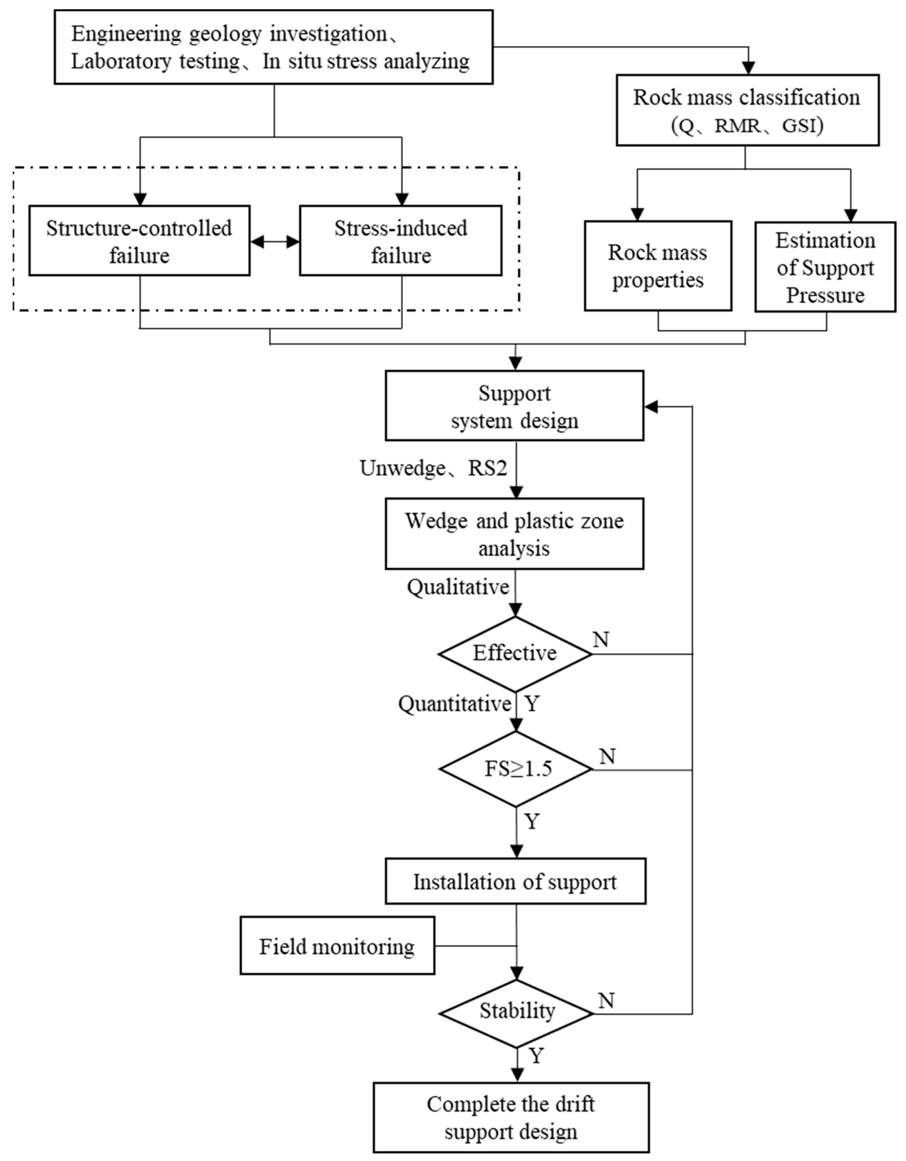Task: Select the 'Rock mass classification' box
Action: tap(747, 110)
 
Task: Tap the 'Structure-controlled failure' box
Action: tap(139, 241)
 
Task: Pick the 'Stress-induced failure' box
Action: tap(400, 241)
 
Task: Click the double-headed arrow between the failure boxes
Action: tap(275, 242)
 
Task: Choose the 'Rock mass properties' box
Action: tap(658, 266)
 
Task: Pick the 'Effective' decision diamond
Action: tap(515, 653)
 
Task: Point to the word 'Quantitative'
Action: tap(455, 704)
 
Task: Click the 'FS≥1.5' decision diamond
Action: tap(516, 769)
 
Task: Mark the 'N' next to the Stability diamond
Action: tap(606, 1000)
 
